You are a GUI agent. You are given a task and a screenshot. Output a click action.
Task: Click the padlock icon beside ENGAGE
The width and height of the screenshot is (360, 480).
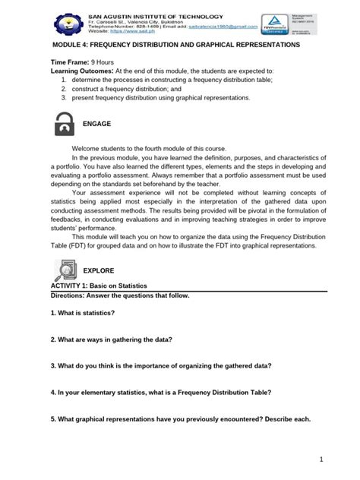click(x=67, y=123)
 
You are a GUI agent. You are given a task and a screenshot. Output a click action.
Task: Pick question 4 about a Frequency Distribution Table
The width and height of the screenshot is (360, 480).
click(x=161, y=393)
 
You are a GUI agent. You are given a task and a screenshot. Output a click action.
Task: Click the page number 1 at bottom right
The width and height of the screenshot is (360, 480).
click(x=322, y=458)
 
